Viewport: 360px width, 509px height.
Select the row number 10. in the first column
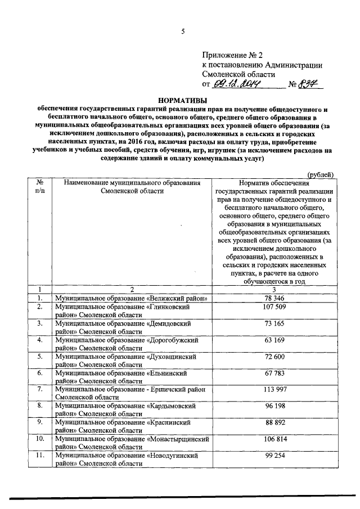[40, 438]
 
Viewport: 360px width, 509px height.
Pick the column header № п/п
[40, 187]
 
